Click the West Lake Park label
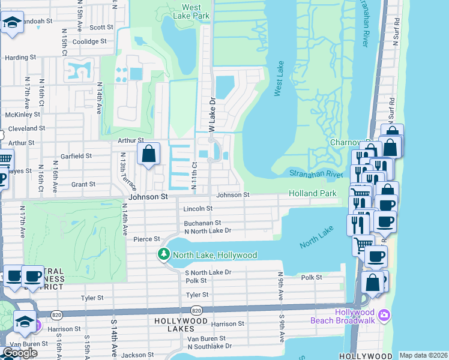coord(191,11)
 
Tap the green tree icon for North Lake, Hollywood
coord(163,255)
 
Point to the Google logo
coord(20,353)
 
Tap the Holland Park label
coord(312,194)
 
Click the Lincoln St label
coord(198,208)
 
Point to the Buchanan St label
coord(202,223)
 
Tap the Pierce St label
coord(146,239)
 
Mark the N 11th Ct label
coord(194,176)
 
